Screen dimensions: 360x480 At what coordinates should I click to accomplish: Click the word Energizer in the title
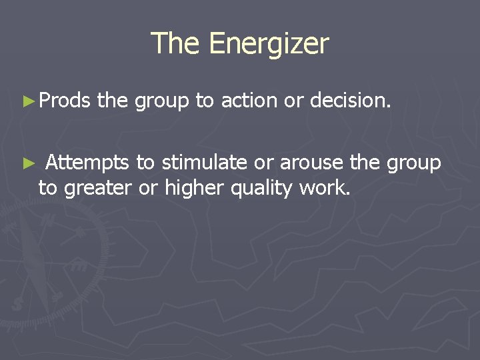tap(269, 44)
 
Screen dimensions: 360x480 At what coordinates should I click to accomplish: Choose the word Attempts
tap(87, 163)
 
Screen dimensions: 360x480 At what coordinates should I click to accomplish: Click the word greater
tap(96, 189)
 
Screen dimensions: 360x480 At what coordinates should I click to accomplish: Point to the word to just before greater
tap(48, 189)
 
